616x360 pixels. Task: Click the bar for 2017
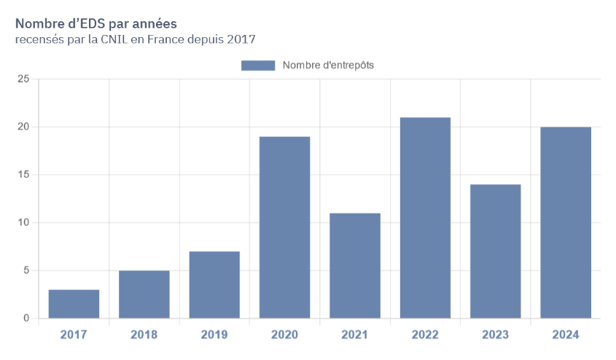click(74, 304)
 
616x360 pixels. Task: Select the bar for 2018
click(144, 294)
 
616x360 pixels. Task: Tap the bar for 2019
click(214, 285)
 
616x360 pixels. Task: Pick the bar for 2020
click(284, 227)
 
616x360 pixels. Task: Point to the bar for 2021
click(355, 265)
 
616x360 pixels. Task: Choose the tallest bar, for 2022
click(425, 218)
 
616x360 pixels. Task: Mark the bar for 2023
click(495, 251)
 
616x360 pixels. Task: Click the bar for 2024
click(566, 222)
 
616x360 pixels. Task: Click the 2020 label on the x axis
click(284, 335)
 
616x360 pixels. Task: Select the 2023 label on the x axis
click(495, 335)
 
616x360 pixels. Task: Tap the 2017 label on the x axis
click(74, 335)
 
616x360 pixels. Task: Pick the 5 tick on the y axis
click(26, 270)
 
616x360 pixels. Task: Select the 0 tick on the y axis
click(26, 318)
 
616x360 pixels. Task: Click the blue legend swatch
click(257, 66)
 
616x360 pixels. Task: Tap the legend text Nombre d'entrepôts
click(328, 66)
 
